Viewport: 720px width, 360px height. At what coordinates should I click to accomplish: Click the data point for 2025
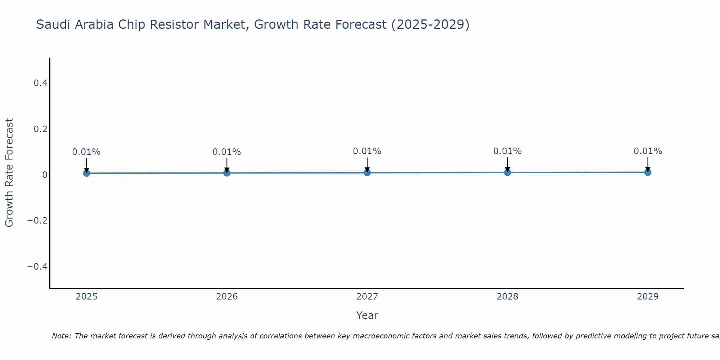click(x=86, y=173)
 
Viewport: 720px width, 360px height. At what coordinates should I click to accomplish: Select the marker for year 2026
click(x=227, y=173)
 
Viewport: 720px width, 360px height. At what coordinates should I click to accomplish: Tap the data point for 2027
click(x=367, y=172)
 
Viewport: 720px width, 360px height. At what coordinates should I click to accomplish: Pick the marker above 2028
click(x=508, y=172)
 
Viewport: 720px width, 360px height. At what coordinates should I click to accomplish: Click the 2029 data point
click(x=648, y=172)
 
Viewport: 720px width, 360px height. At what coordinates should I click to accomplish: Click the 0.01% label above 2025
click(x=86, y=152)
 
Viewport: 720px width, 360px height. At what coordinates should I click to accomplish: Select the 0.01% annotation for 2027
click(x=367, y=151)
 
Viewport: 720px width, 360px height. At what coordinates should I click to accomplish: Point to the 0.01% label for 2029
click(x=648, y=151)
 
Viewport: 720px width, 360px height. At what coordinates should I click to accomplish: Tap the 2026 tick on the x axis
click(x=227, y=297)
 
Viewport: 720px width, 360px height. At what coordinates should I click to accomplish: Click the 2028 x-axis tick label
click(x=508, y=297)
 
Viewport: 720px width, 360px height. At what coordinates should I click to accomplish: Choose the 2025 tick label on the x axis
click(x=86, y=297)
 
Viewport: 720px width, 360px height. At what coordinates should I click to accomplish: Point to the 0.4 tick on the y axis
click(x=40, y=83)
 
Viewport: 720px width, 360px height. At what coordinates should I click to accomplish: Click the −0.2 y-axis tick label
click(x=37, y=221)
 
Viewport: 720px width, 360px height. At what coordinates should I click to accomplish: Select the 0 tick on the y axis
click(x=45, y=175)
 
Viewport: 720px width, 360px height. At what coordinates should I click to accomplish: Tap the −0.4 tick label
click(x=37, y=266)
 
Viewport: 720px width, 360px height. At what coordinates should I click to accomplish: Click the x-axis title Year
click(x=367, y=315)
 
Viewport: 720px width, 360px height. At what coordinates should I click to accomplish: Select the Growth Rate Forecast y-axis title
click(x=9, y=173)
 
